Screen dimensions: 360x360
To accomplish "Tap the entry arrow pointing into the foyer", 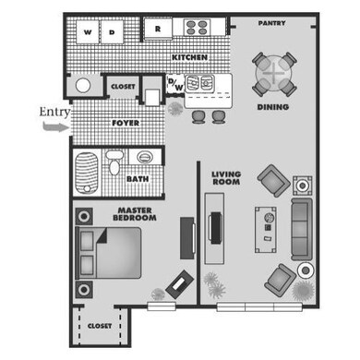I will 55,128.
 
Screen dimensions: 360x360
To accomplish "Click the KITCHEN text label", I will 188,58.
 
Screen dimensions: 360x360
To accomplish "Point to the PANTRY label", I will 270,23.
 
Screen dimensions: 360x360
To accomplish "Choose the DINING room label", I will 274,106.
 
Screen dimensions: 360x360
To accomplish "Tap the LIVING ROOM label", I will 225,177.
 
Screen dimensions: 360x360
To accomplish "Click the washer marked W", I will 88,31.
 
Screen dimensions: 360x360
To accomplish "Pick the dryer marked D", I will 112,31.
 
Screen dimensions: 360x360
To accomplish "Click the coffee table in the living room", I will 267,225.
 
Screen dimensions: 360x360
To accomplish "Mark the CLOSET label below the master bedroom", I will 100,326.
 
